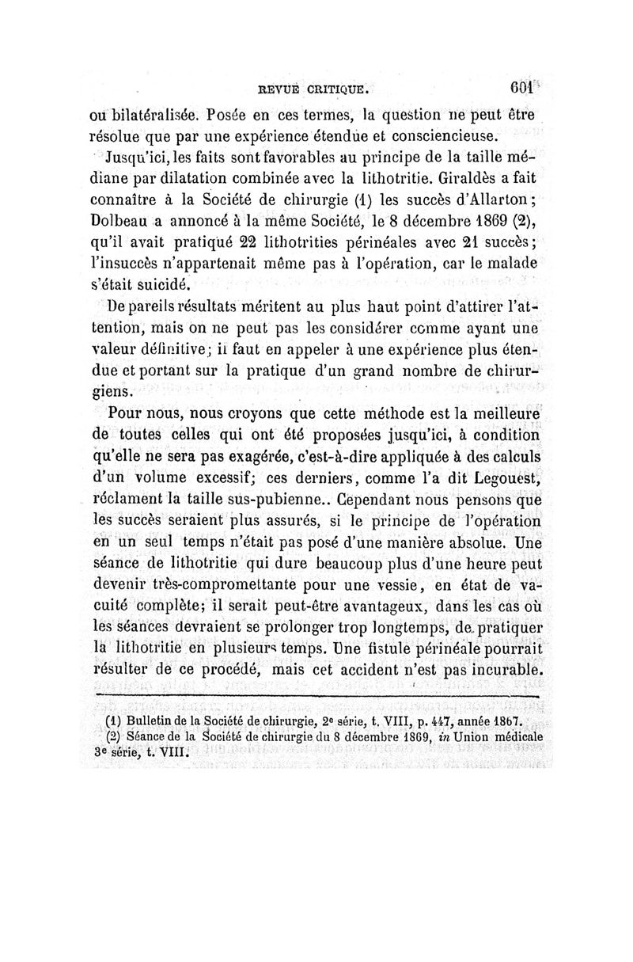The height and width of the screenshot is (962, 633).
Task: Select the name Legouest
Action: pos(502,477)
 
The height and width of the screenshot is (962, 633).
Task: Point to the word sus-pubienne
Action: pos(272,500)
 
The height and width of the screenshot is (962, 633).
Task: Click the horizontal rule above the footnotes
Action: pos(316,697)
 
